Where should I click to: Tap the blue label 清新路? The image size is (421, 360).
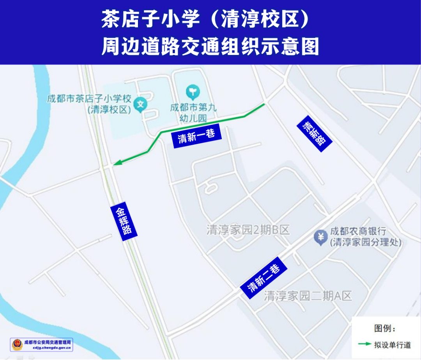(x=314, y=133)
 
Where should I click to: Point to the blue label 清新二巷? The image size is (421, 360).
(x=264, y=277)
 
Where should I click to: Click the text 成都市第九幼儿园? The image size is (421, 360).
(x=193, y=112)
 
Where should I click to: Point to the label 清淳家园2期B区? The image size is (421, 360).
(x=248, y=230)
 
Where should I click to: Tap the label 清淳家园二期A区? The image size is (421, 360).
(x=308, y=296)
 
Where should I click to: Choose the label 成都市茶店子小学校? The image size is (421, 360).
(x=89, y=99)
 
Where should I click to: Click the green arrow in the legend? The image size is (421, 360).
(x=364, y=344)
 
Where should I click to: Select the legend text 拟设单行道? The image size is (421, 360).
(x=393, y=345)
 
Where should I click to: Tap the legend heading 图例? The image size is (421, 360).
(x=385, y=328)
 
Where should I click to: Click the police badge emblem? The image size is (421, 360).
(x=17, y=345)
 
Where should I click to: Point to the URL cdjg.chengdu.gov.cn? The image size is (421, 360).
(x=52, y=348)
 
